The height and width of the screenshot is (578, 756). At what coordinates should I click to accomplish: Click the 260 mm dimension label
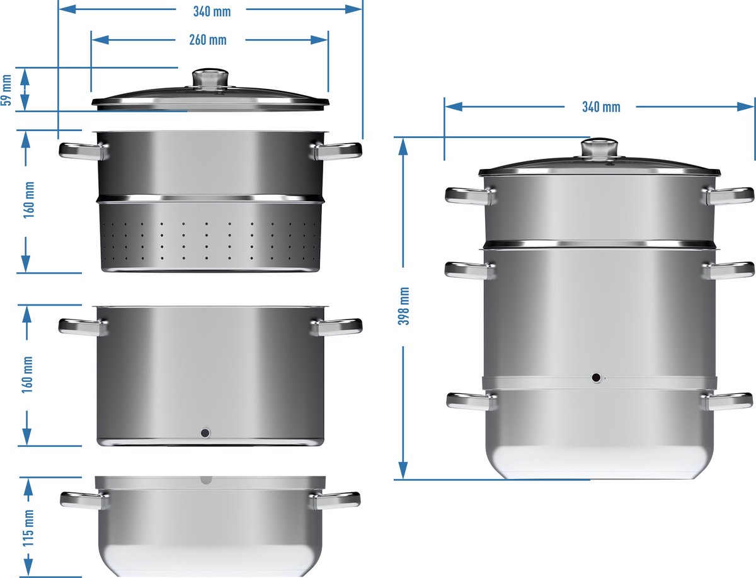[208, 40]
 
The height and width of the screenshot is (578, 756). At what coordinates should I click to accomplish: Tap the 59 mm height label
[6, 90]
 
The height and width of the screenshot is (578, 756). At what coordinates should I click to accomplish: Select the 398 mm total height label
[404, 306]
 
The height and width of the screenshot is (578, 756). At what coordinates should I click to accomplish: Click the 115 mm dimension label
[28, 528]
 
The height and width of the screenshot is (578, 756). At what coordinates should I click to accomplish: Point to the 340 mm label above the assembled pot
[601, 107]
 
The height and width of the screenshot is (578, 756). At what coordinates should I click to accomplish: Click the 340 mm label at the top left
[212, 12]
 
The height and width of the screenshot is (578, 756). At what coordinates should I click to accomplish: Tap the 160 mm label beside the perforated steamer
[29, 200]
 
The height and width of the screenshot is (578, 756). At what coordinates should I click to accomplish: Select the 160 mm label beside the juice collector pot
[28, 375]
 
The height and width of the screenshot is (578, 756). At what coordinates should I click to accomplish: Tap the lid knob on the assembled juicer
[599, 148]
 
